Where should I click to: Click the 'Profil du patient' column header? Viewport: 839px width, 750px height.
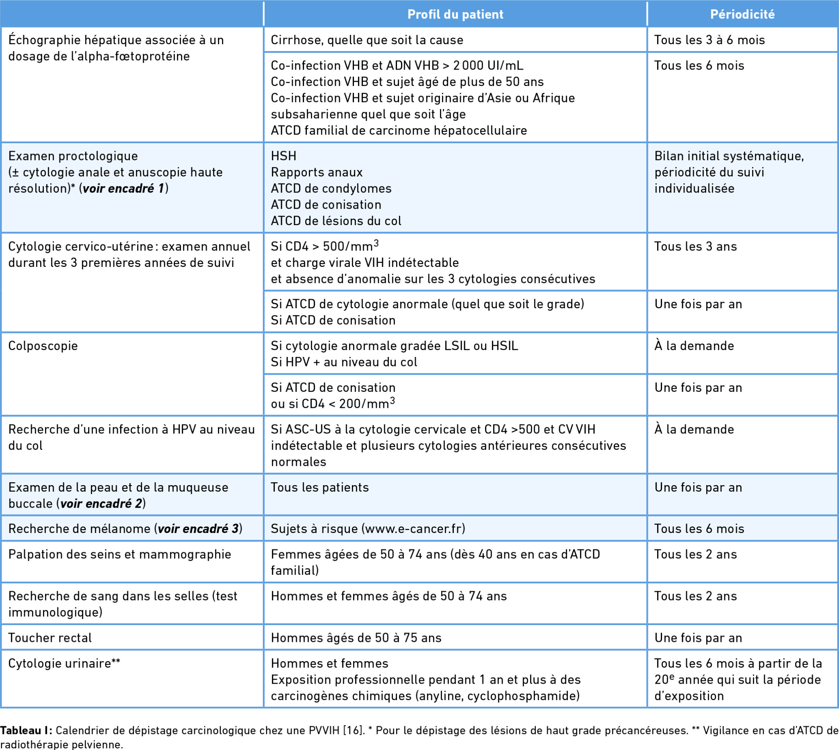click(455, 14)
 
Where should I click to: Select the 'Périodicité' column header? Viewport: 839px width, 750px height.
click(742, 14)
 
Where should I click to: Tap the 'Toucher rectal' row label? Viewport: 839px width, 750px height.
click(50, 638)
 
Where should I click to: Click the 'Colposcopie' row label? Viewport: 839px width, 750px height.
click(43, 346)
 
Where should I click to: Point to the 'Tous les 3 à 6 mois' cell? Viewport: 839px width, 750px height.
click(709, 40)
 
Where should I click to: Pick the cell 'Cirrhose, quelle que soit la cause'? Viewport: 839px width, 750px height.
click(367, 40)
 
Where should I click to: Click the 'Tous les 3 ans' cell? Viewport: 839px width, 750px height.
click(695, 246)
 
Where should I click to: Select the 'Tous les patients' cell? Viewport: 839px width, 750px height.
click(320, 488)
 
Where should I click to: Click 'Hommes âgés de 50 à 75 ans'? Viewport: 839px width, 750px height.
click(356, 638)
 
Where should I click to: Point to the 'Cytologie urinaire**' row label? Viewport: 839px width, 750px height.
click(64, 664)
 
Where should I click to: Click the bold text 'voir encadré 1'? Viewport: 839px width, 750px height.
click(123, 189)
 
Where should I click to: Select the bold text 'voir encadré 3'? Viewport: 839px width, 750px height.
click(198, 529)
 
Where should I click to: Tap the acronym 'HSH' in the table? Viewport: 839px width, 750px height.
click(283, 156)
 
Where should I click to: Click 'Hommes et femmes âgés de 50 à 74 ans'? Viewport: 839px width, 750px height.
click(388, 596)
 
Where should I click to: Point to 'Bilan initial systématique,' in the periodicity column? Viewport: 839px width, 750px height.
click(729, 156)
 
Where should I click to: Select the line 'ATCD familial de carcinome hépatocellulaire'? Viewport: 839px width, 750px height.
click(399, 131)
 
